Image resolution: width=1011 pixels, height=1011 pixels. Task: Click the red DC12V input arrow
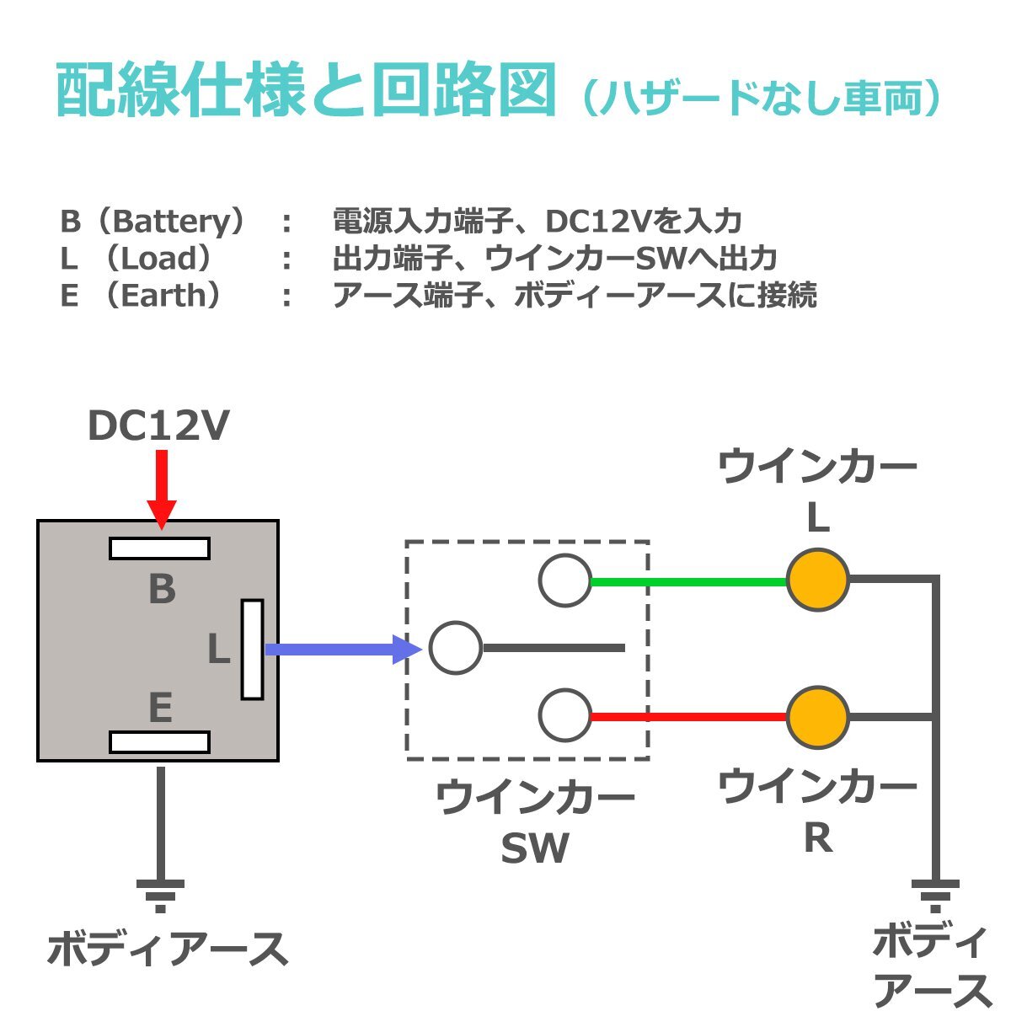(x=161, y=489)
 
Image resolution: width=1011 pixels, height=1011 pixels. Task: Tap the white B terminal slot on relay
(x=159, y=548)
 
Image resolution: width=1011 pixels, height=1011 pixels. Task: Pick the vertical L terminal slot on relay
(x=252, y=650)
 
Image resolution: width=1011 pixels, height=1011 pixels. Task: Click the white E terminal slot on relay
(x=159, y=742)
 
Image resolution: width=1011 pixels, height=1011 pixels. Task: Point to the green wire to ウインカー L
(x=688, y=581)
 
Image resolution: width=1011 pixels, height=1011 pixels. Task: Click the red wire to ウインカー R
(x=688, y=718)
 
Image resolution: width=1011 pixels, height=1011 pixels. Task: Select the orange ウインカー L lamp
(x=817, y=580)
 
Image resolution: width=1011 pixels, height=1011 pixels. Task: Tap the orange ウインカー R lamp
(x=817, y=718)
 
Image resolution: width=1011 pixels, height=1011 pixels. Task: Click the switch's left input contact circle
(x=456, y=648)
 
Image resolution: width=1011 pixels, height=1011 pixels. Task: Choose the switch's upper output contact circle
(x=564, y=580)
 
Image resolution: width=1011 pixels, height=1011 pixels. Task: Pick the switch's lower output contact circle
(x=564, y=715)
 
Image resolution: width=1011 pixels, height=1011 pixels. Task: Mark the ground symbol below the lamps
(x=935, y=895)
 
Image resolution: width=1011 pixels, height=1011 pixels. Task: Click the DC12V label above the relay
(x=158, y=426)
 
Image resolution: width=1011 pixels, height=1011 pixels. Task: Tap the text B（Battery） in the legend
(x=156, y=222)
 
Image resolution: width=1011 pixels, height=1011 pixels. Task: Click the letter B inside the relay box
(x=162, y=590)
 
